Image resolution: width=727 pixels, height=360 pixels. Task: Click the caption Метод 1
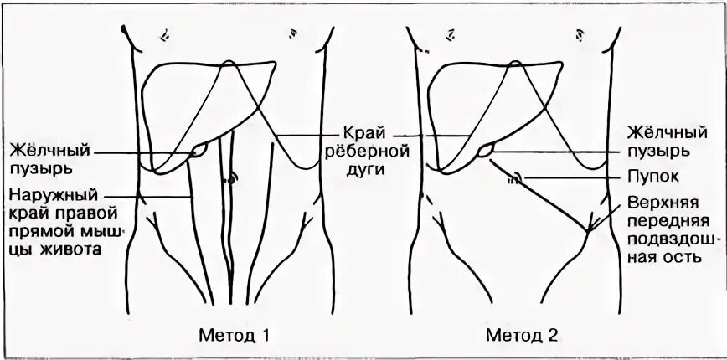pos(235,336)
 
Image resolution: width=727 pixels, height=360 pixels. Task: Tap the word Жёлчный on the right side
pos(667,133)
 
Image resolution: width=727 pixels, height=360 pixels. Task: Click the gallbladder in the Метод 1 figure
pos(199,150)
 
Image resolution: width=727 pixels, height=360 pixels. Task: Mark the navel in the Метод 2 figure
pos(516,177)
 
